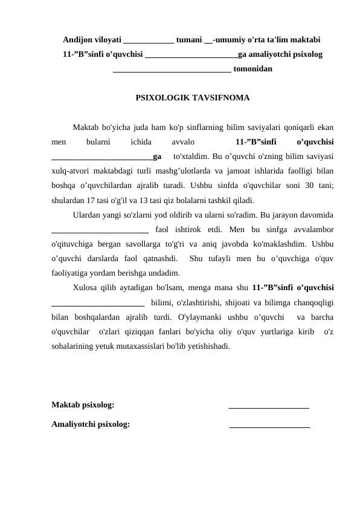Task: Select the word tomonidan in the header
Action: pos(252,69)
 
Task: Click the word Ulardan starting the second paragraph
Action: pos(86,215)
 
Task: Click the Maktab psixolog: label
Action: pos(82,404)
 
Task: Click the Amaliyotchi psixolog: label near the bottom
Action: pos(91,424)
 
